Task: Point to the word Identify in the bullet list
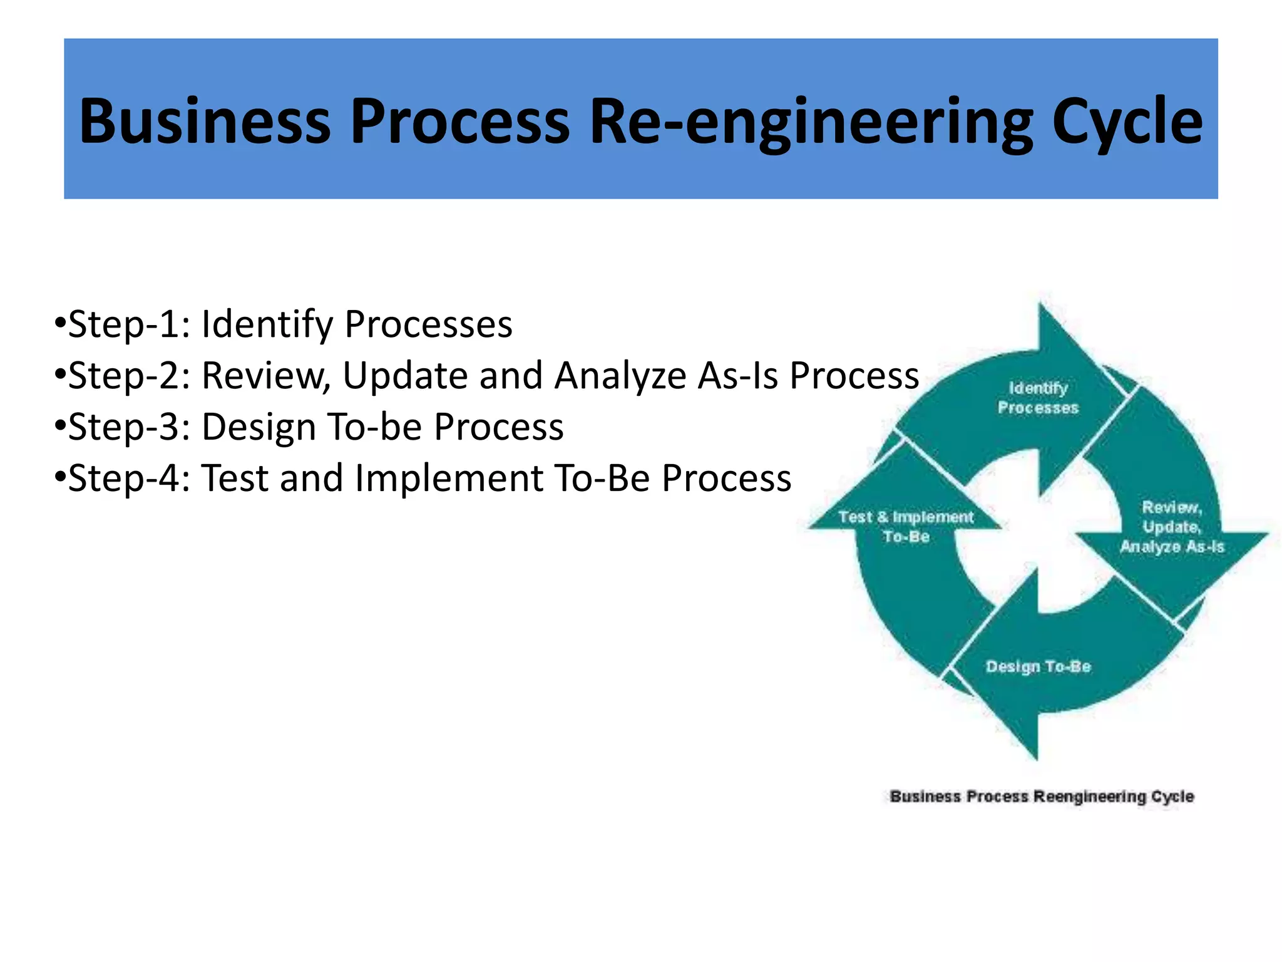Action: (267, 325)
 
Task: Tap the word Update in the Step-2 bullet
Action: (405, 376)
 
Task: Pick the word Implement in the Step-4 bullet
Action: (449, 479)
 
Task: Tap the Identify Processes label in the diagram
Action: (1038, 398)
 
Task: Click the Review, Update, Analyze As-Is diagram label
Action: (1172, 527)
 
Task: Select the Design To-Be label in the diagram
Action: (1038, 666)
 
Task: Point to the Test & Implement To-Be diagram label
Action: (906, 527)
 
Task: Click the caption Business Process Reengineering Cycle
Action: (1042, 797)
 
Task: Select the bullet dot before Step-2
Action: (60, 375)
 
